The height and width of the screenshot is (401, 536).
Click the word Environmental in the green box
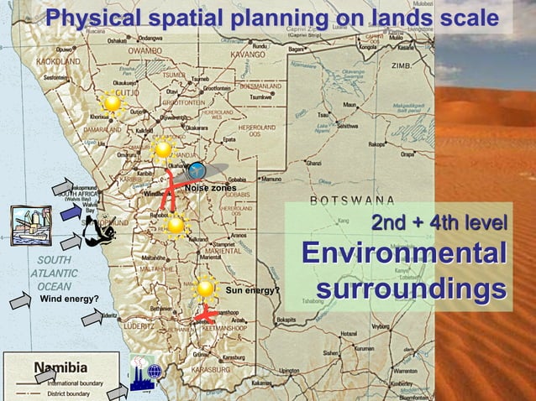(x=403, y=255)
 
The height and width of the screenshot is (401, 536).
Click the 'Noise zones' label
(x=210, y=189)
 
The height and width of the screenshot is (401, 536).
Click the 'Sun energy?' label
(x=252, y=291)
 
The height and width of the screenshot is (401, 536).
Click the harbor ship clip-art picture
(x=30, y=225)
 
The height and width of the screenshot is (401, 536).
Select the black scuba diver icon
(x=102, y=227)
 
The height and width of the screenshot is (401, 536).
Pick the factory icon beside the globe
(x=137, y=373)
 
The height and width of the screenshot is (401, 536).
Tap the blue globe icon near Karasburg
(x=154, y=372)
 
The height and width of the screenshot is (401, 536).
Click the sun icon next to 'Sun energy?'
(x=205, y=289)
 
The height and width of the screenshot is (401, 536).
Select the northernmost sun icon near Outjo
(x=112, y=102)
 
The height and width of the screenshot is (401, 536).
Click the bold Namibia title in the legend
(x=60, y=367)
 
